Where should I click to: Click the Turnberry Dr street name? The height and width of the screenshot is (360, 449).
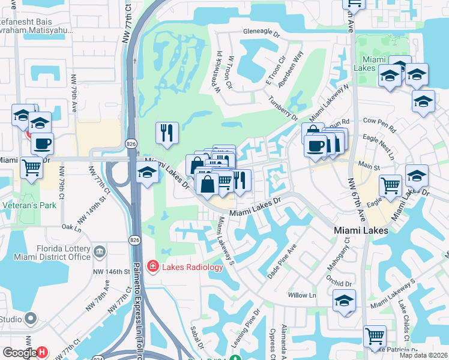coord(283,108)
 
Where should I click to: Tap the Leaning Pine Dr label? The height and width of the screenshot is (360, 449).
coord(247,327)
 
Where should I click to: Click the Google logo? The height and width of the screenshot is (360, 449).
coord(19,352)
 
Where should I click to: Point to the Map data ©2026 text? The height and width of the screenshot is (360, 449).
coord(423,355)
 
